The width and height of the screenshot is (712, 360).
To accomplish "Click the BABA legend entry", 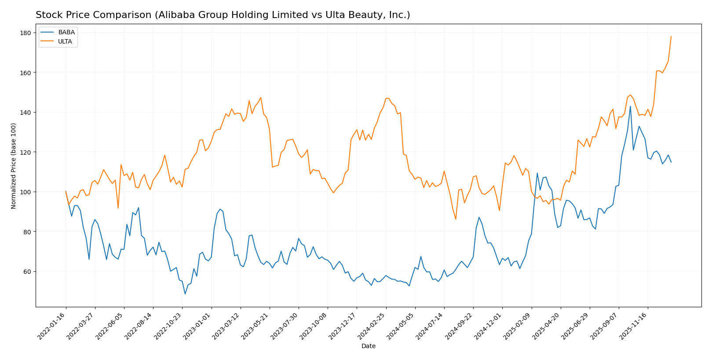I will [x=66, y=32].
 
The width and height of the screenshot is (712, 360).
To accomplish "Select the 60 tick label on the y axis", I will [x=26, y=272].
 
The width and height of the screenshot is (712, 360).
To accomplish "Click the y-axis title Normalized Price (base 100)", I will [x=14, y=166].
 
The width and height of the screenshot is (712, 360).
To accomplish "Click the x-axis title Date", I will [x=368, y=346].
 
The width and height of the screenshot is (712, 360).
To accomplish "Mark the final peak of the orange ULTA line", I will [x=671, y=36].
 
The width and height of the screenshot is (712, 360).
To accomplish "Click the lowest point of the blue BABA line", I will [x=185, y=294].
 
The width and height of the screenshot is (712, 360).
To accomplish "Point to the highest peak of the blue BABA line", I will [x=630, y=106].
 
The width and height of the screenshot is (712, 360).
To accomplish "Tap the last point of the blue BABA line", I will [x=671, y=162].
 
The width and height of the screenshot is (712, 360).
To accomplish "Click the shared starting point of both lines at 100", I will [x=66, y=192].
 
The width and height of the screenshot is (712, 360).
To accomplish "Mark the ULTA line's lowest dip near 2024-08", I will [x=456, y=219].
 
